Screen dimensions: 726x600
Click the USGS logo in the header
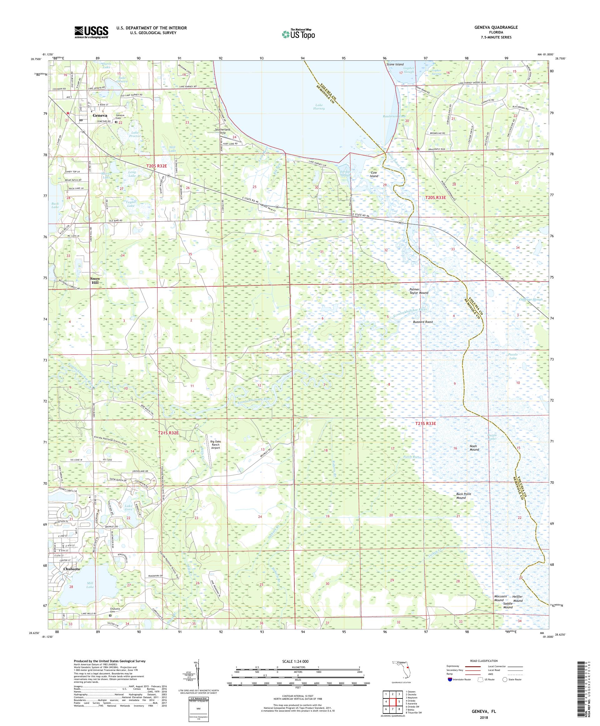tap(91, 33)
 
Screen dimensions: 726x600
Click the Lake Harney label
tap(320, 106)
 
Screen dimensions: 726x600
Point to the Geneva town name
tap(100, 115)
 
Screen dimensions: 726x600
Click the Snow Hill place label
tap(94, 280)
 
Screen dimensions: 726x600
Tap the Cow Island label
tap(374, 174)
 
